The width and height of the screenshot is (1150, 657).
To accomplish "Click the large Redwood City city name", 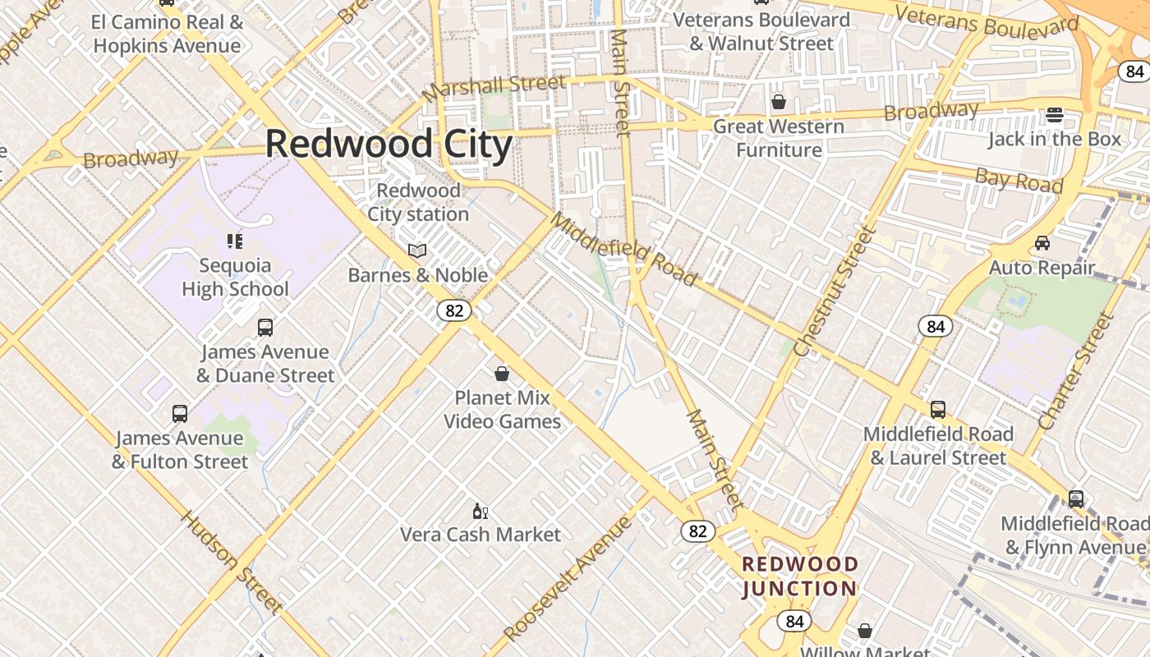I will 389,145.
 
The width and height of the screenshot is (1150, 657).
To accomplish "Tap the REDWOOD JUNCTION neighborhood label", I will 799,577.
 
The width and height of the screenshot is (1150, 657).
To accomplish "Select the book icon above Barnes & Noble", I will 417,250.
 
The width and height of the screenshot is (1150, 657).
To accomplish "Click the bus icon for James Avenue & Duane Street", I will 265,328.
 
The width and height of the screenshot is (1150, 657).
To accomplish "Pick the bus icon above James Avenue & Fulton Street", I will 180,414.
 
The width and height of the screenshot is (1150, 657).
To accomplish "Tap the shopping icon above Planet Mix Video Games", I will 502,374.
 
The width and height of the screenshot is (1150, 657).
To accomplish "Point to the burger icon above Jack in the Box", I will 1055,114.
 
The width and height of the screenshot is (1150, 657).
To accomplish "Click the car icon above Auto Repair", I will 1042,243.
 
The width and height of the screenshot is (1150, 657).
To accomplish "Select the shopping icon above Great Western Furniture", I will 778,102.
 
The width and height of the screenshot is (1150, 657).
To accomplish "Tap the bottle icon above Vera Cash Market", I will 481,512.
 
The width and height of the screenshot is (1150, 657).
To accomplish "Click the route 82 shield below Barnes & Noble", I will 453,310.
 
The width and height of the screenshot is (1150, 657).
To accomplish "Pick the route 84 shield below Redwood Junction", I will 794,621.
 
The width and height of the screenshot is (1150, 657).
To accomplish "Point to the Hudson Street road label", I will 232,563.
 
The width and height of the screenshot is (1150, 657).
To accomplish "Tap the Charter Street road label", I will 1075,371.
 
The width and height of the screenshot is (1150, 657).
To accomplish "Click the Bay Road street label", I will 1019,180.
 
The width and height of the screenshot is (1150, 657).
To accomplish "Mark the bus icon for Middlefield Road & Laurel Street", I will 938,409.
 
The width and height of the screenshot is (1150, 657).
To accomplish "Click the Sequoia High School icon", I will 235,241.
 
